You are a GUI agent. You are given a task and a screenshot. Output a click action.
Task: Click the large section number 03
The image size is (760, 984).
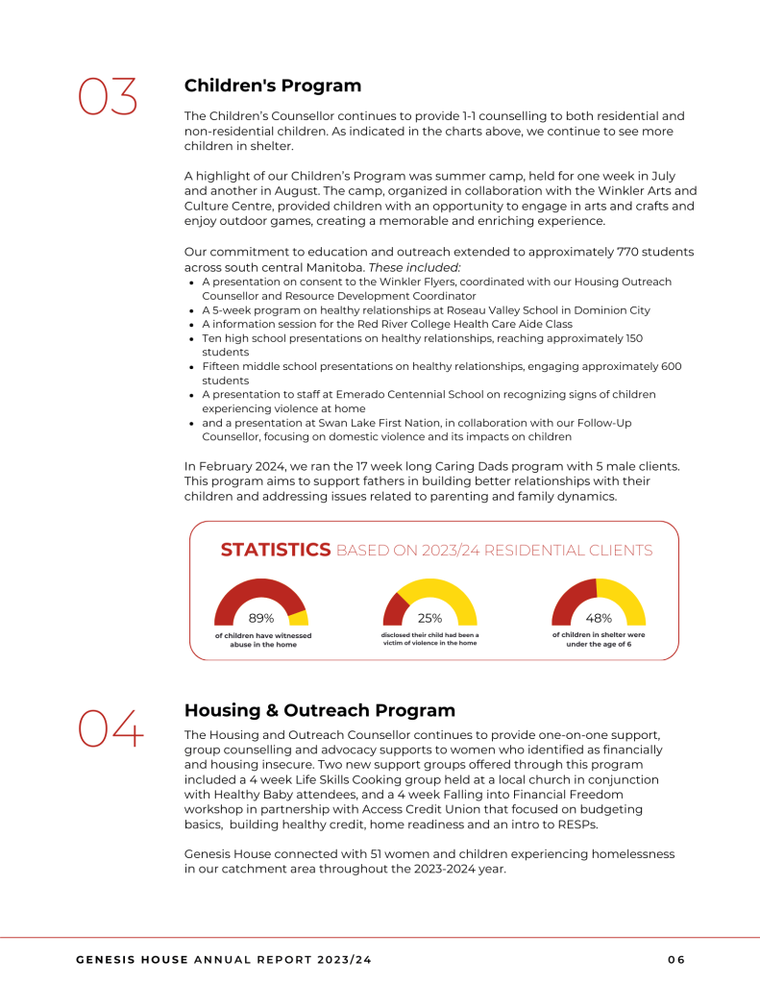coord(108,97)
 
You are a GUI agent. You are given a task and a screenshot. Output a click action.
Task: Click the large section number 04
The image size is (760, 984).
coord(110,727)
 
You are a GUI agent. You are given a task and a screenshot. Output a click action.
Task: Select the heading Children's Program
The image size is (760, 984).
coord(273,86)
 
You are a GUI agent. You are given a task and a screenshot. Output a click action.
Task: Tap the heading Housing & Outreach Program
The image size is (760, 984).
coord(319,711)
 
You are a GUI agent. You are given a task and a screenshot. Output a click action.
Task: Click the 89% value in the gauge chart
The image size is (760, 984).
coord(261,618)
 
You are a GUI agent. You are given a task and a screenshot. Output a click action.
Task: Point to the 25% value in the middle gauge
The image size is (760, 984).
coord(429,618)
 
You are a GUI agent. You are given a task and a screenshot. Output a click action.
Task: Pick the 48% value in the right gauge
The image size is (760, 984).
coord(599,618)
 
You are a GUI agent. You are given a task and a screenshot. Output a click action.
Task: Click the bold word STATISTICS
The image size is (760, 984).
coord(276,551)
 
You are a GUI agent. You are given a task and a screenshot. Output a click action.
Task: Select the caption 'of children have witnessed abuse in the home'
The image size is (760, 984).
coord(262,640)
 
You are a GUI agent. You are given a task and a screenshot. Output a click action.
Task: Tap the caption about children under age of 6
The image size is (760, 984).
coord(598,639)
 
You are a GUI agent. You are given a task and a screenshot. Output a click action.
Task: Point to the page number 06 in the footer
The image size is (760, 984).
coord(676,959)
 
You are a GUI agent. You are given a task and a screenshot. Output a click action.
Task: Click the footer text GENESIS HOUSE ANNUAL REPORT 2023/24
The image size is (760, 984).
coord(224,959)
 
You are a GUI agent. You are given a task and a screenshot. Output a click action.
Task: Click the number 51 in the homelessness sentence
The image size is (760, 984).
coord(344,854)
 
